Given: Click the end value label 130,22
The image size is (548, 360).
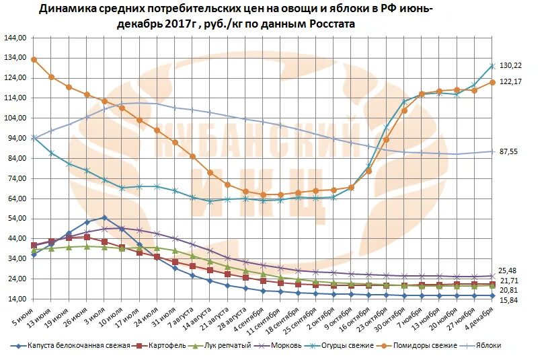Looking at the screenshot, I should tap(510, 65).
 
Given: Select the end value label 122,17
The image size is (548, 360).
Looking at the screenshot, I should tap(510, 81).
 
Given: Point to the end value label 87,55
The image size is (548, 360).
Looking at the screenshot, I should tap(508, 151).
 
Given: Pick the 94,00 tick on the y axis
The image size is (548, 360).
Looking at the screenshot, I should tap(16, 139).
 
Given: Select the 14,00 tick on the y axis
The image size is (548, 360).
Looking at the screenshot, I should tap(16, 299).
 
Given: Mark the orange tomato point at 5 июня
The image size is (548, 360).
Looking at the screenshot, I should tap(34, 59).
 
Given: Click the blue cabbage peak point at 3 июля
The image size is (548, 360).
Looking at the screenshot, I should tap(104, 217).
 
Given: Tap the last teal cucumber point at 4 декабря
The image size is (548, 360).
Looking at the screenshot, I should tap(492, 66).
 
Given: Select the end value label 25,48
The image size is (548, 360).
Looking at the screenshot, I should tap(508, 271).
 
